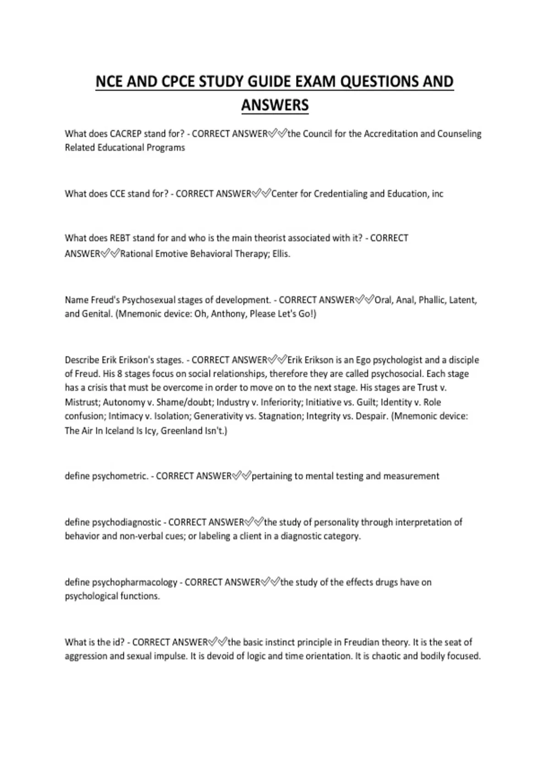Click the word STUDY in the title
[221, 82]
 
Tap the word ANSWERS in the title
[275, 105]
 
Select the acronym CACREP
[126, 134]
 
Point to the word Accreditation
[390, 134]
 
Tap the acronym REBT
[120, 238]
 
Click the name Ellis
[281, 254]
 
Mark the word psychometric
[120, 477]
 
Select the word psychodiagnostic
[126, 522]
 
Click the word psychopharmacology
[134, 582]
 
